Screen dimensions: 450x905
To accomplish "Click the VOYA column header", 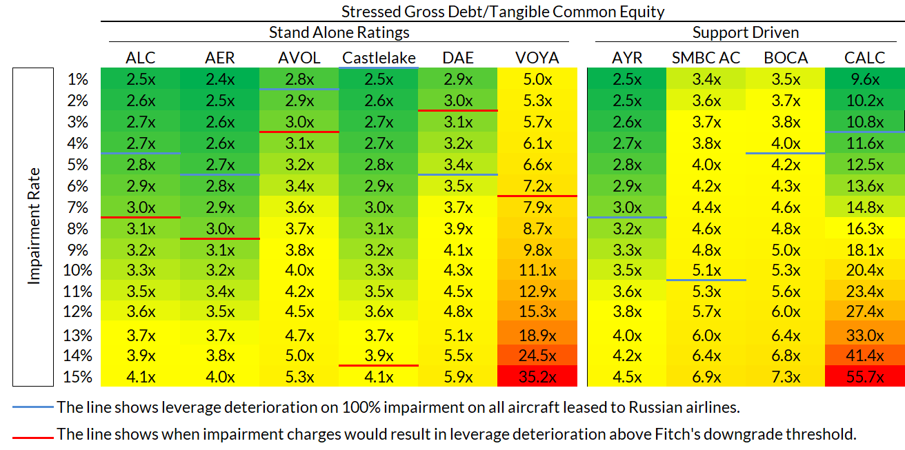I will click(x=537, y=57).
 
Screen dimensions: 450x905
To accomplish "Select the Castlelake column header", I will click(x=379, y=57).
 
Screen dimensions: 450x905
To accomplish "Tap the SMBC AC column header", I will click(x=706, y=57).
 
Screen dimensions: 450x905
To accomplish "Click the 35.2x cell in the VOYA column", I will click(x=537, y=377).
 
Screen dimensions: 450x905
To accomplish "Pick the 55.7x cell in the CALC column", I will click(x=864, y=377).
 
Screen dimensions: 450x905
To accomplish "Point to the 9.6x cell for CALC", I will click(x=864, y=79).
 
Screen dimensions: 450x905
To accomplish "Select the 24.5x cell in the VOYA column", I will click(x=537, y=356).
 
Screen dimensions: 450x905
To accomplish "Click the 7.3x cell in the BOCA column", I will click(x=786, y=377).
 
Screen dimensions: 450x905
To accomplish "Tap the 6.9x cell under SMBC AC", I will click(x=706, y=377).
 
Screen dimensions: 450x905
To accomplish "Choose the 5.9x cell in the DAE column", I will click(x=458, y=377).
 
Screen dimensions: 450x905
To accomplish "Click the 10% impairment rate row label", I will click(x=77, y=270).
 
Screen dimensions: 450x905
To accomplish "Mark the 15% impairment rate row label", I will click(x=77, y=377).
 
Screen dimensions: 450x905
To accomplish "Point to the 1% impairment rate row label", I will click(x=77, y=79).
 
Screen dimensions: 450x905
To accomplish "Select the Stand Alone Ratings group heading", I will click(x=339, y=32).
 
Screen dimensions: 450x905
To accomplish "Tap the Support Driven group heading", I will click(x=746, y=32).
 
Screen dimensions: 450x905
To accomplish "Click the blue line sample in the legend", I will click(x=32, y=407).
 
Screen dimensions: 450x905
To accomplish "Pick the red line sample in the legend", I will click(x=32, y=436).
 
